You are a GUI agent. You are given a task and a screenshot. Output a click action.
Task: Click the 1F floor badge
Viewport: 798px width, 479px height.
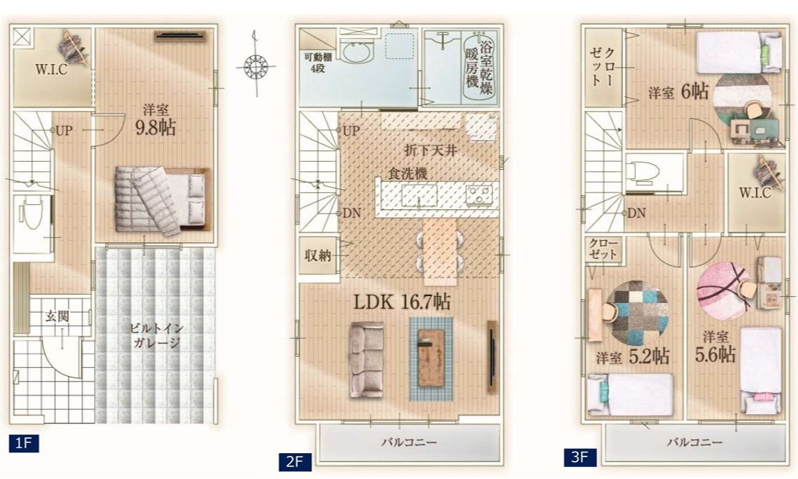click(x=24, y=443)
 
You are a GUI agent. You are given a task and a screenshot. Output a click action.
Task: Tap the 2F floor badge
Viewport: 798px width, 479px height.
click(x=295, y=462)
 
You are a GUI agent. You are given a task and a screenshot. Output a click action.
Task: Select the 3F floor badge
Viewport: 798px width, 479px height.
click(x=580, y=456)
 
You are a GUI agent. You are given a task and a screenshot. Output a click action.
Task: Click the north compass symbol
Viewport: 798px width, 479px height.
click(x=256, y=65)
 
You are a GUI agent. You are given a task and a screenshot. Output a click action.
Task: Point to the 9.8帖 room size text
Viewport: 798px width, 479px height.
click(x=156, y=128)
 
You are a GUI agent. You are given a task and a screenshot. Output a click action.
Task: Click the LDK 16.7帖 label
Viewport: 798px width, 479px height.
click(x=402, y=302)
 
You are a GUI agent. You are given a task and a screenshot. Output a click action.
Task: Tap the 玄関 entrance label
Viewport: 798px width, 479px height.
click(x=57, y=316)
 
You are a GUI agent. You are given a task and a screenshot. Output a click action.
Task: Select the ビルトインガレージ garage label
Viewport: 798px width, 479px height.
click(x=157, y=335)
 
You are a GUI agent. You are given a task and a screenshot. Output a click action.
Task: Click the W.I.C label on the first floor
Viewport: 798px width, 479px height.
click(x=51, y=70)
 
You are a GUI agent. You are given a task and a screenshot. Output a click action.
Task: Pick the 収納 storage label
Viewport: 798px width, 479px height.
click(x=318, y=255)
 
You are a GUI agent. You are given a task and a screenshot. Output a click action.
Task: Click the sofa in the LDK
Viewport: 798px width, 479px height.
click(x=366, y=360)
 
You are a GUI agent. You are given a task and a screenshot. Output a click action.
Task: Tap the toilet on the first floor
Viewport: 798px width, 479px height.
click(x=31, y=214)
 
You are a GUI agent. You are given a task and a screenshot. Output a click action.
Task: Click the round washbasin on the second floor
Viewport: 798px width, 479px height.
click(x=358, y=52)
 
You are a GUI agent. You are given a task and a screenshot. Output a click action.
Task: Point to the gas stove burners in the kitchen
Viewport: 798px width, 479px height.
click(x=479, y=194)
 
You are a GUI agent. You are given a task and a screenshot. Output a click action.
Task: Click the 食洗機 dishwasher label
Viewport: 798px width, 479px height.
click(x=408, y=173)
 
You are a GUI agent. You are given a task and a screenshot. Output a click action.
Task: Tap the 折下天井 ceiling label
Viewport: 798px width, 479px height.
click(x=430, y=150)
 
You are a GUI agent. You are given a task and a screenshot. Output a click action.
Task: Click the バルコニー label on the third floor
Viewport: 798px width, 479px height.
click(x=695, y=442)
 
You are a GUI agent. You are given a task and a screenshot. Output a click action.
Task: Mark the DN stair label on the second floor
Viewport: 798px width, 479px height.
click(x=351, y=214)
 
